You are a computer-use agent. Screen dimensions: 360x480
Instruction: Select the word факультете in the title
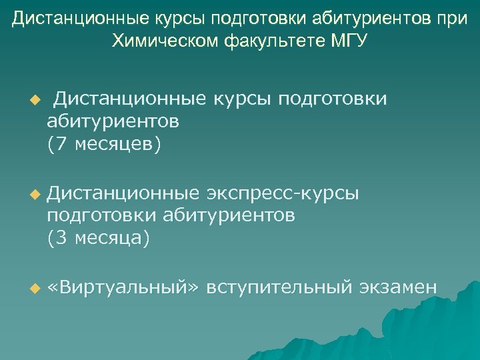tap(276, 41)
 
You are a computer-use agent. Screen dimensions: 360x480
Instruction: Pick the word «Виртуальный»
tap(123, 287)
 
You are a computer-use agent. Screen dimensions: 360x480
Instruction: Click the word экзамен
tap(399, 287)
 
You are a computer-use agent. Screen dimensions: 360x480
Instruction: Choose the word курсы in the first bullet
tap(240, 99)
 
